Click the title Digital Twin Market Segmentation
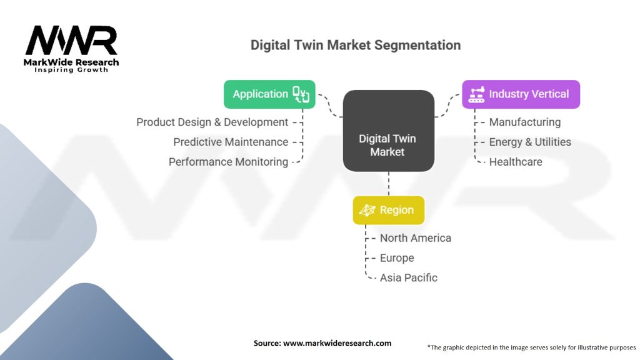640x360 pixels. click(x=356, y=45)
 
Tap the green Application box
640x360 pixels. click(x=269, y=94)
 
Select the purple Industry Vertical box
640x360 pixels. click(x=521, y=94)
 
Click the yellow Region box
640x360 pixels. click(x=388, y=211)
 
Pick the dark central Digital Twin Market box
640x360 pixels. click(x=387, y=131)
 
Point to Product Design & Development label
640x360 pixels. click(x=212, y=122)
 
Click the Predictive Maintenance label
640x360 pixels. click(x=231, y=142)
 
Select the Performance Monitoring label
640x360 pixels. click(x=228, y=162)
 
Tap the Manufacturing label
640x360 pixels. click(x=524, y=122)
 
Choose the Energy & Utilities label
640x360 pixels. click(x=530, y=142)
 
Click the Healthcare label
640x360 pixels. click(x=516, y=162)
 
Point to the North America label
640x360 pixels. click(x=415, y=238)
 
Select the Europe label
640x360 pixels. click(x=397, y=258)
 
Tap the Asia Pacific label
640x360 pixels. click(x=408, y=277)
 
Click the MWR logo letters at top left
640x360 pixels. click(x=71, y=41)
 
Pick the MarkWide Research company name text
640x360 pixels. click(x=71, y=62)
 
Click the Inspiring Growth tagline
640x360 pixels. click(x=71, y=70)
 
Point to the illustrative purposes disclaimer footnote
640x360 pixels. click(x=531, y=347)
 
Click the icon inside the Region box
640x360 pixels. click(x=367, y=211)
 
